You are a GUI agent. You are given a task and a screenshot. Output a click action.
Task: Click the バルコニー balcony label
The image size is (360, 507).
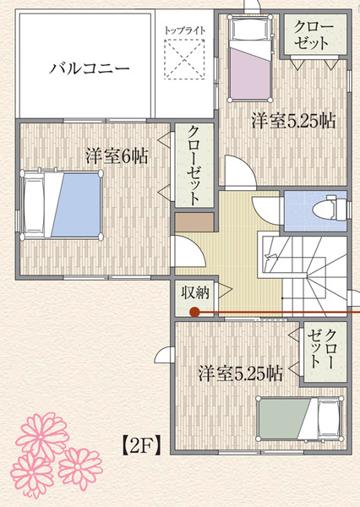(90, 68)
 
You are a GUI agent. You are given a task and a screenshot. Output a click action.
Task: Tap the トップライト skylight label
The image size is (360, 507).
(185, 30)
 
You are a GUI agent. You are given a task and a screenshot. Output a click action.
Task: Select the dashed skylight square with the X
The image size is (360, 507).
(184, 59)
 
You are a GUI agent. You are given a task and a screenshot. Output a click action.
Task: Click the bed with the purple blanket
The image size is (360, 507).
(251, 58)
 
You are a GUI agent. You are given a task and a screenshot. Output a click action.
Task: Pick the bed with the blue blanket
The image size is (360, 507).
(62, 205)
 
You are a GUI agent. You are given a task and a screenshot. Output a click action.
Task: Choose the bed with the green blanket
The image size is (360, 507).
(300, 419)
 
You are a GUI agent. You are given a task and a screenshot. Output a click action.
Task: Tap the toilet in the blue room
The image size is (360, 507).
(330, 208)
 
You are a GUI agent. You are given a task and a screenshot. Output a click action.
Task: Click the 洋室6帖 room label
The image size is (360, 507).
(117, 155)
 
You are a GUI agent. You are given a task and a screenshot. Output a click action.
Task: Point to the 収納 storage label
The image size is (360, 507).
(194, 292)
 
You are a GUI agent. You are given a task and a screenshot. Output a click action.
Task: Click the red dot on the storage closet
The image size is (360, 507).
(194, 312)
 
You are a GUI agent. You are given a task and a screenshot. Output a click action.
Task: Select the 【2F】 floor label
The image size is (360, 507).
(141, 446)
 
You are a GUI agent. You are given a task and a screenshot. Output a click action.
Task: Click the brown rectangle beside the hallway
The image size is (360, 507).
(194, 222)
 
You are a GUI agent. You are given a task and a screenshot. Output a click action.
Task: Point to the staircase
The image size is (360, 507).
(303, 273)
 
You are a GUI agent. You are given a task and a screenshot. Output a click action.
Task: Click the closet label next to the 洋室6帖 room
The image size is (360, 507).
(194, 166)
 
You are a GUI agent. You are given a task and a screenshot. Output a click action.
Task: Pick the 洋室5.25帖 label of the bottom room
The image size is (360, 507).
(240, 373)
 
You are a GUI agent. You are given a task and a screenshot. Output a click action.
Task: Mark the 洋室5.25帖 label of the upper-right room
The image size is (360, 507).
(294, 121)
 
